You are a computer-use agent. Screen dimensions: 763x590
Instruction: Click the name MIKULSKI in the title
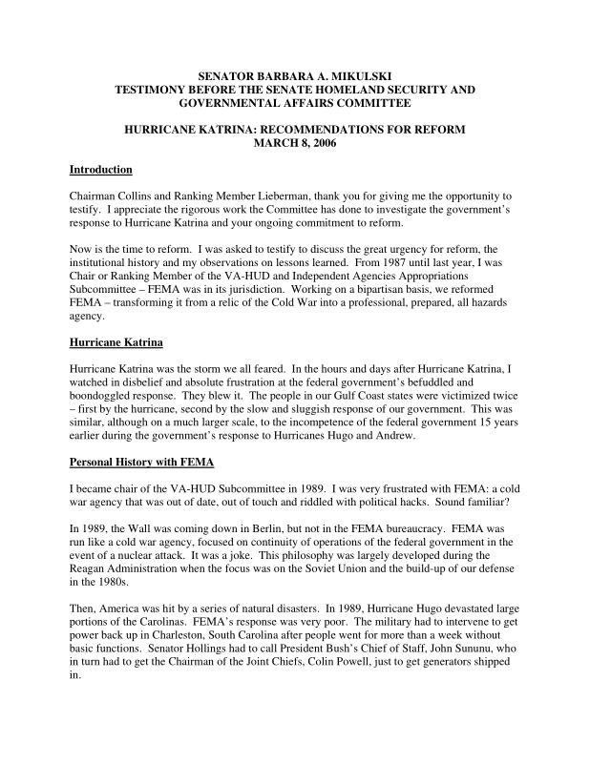359,75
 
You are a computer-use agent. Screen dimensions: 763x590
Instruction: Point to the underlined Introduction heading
101,170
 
